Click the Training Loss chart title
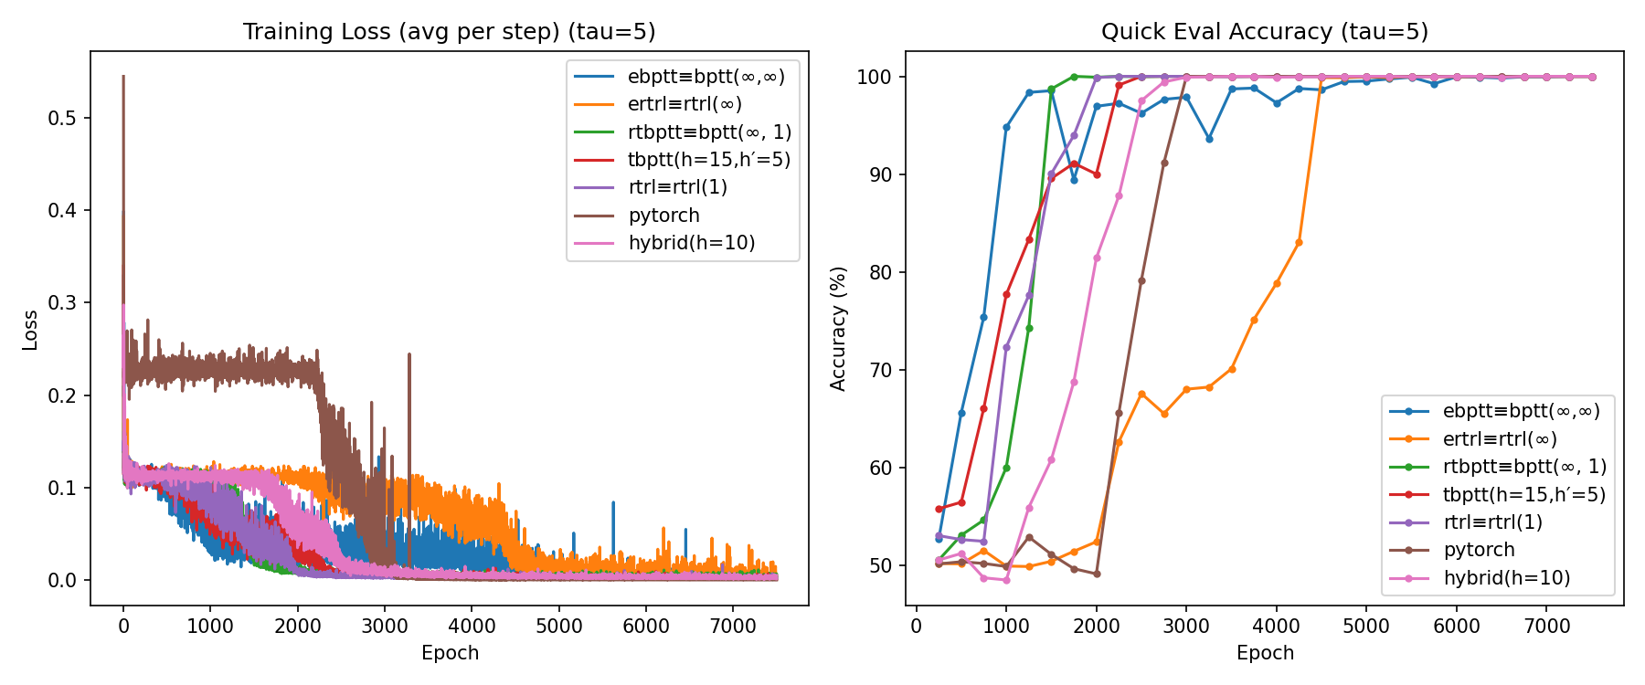pyautogui.click(x=449, y=31)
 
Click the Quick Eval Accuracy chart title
pyautogui.click(x=1264, y=31)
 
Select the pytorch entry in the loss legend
pyautogui.click(x=663, y=216)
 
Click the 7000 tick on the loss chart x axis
pyautogui.click(x=733, y=626)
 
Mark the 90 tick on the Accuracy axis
pyautogui.click(x=879, y=174)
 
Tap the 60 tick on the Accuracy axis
pyautogui.click(x=879, y=468)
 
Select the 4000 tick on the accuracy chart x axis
pyautogui.click(x=1276, y=626)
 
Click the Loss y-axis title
pyautogui.click(x=30, y=330)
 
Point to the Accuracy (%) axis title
pyautogui.click(x=839, y=329)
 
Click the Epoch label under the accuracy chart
pyautogui.click(x=1265, y=653)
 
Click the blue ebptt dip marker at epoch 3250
pyautogui.click(x=1209, y=139)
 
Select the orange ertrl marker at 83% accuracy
pyautogui.click(x=1299, y=243)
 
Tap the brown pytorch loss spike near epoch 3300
pyautogui.click(x=409, y=356)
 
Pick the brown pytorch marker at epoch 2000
pyautogui.click(x=1097, y=574)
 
